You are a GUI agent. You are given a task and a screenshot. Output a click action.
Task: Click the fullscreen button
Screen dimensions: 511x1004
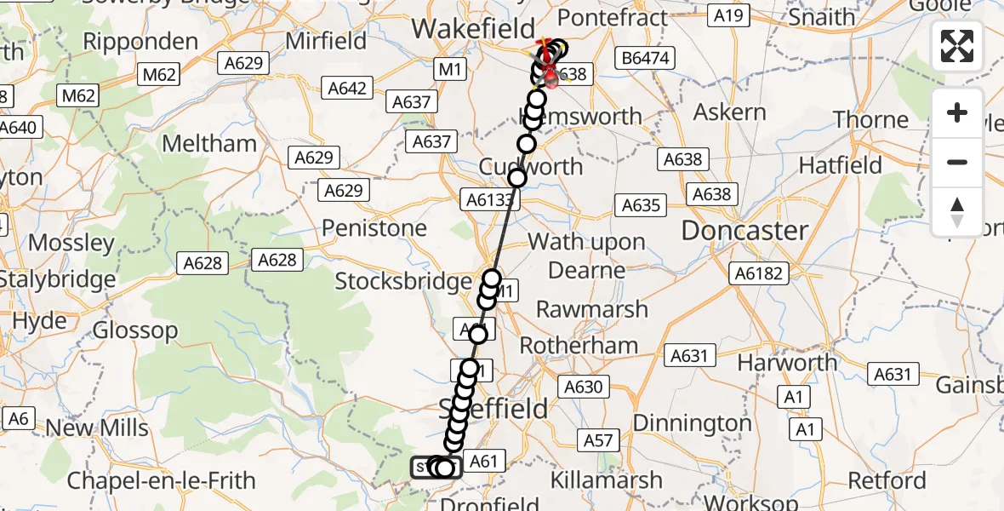click(x=957, y=46)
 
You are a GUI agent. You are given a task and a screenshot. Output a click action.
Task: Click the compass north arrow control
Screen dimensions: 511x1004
click(x=957, y=211)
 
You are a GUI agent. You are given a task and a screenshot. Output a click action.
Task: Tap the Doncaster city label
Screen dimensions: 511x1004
click(x=744, y=230)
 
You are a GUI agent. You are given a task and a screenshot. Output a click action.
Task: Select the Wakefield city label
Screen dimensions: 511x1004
click(x=473, y=28)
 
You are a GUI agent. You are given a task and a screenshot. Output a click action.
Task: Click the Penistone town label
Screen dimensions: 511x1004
click(x=374, y=228)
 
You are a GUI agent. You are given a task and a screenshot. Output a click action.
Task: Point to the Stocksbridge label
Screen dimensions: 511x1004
click(x=402, y=280)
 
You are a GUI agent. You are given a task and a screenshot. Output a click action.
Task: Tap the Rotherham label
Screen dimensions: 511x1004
click(x=579, y=346)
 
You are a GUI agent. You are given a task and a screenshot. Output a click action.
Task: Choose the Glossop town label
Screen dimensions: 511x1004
click(x=136, y=330)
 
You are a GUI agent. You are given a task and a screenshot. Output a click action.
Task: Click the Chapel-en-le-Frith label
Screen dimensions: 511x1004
click(x=161, y=480)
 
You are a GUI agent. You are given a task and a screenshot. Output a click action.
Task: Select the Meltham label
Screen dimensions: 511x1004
click(x=209, y=143)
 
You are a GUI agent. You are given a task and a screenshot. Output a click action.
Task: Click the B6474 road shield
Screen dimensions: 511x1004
click(x=646, y=59)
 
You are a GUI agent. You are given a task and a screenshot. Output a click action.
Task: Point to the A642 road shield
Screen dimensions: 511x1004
click(x=346, y=88)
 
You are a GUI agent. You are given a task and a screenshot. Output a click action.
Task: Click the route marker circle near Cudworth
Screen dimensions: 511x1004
click(x=517, y=177)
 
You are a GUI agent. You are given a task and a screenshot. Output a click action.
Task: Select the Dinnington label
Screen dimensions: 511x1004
click(x=692, y=422)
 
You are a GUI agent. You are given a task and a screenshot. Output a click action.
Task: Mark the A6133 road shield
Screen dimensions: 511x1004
click(x=489, y=199)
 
